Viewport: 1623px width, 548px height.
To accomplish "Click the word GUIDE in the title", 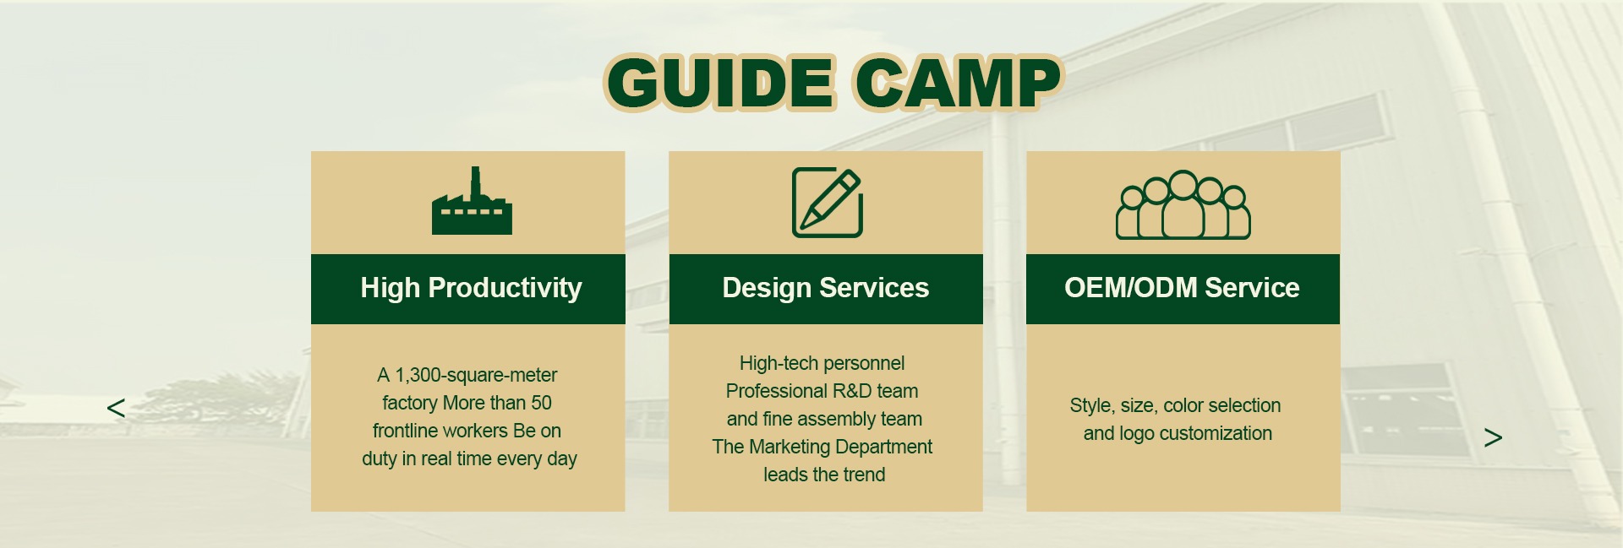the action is point(721,83).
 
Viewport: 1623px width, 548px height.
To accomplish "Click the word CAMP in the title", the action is point(958,83).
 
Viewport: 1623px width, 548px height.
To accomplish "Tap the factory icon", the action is point(472,200).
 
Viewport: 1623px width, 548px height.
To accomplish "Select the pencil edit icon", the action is point(828,203).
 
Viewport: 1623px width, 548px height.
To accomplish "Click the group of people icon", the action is point(1183,205).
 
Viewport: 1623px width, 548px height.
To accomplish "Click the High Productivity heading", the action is point(471,288).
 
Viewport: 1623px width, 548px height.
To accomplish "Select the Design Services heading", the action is point(825,288).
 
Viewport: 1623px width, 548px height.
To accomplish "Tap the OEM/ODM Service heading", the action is point(1182,288).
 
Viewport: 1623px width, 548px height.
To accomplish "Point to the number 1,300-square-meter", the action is point(476,375).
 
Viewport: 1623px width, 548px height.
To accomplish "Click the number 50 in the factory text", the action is point(541,403).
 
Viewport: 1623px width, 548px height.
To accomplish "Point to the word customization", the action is point(1216,433).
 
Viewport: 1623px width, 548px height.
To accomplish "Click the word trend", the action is point(862,475).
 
